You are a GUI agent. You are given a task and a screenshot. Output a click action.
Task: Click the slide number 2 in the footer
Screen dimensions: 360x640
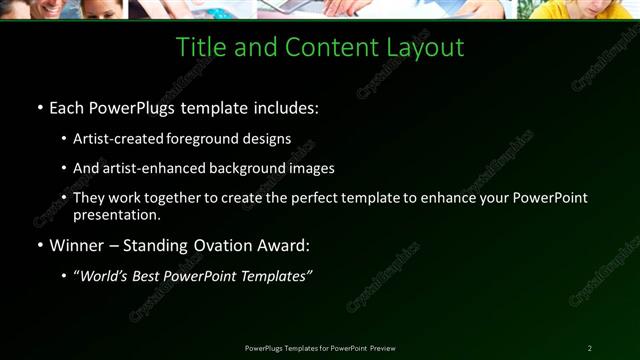tap(590, 348)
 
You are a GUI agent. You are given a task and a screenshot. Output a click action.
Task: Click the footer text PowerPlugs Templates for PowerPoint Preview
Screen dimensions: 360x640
tap(320, 348)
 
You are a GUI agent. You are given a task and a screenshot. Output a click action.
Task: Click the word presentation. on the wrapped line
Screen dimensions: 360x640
tap(116, 214)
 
